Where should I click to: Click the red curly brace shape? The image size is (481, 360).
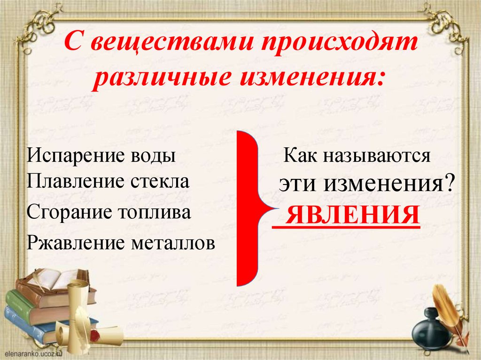(x=249, y=207)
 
